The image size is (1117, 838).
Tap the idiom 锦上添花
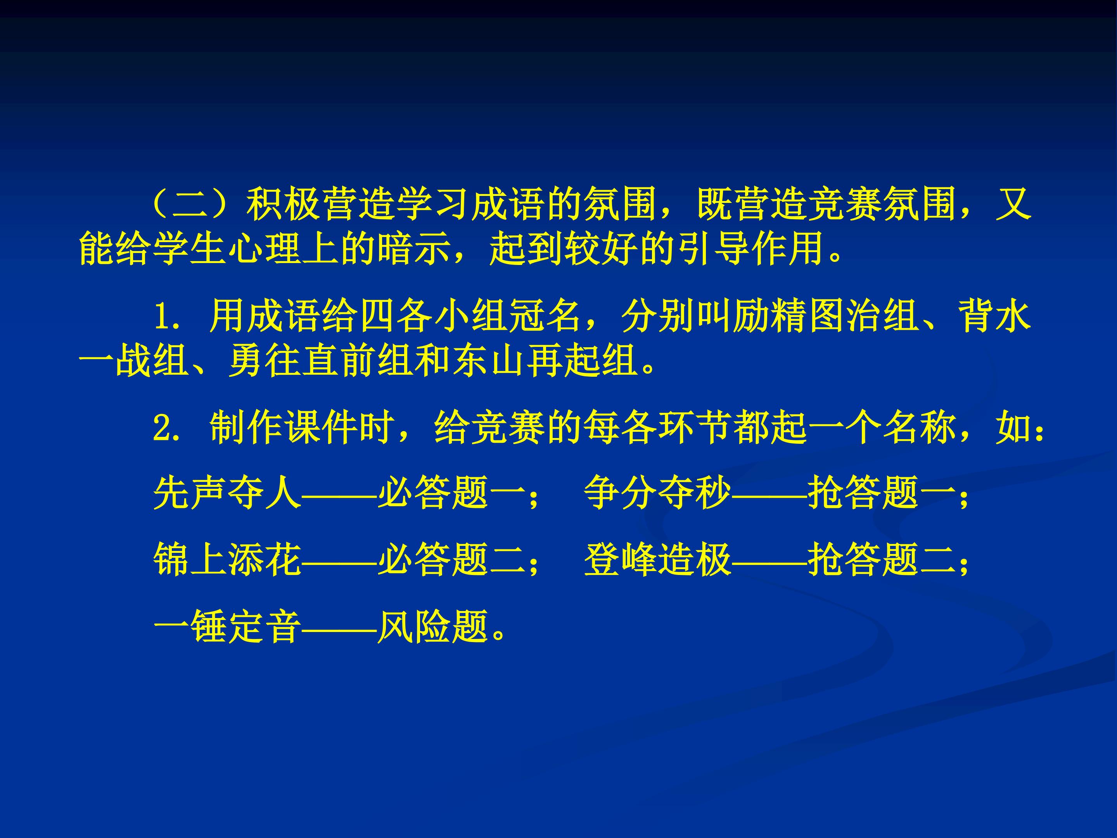pyautogui.click(x=227, y=560)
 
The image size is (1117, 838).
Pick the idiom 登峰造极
pyautogui.click(x=657, y=560)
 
